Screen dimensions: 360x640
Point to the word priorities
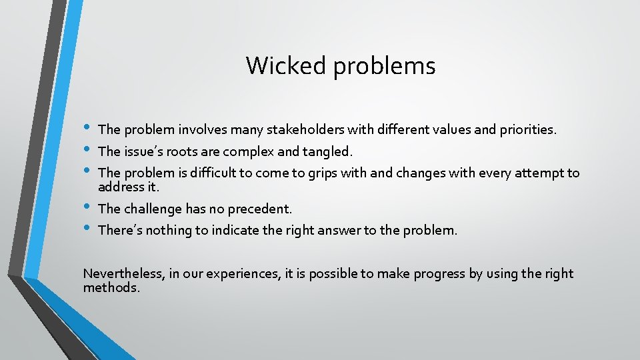pyautogui.click(x=525, y=130)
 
